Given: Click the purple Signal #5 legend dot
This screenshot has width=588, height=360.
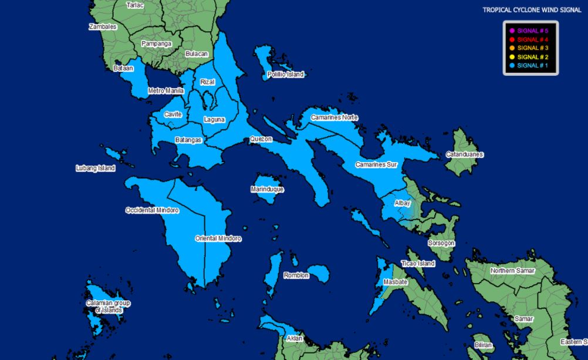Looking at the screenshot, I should (512, 31).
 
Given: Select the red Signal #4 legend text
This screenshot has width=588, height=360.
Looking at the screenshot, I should (533, 39).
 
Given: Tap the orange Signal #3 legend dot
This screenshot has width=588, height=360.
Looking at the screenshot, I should (512, 48).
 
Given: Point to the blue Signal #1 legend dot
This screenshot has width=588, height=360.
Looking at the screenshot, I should (512, 66).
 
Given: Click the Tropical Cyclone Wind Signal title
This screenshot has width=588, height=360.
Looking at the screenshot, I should (532, 10).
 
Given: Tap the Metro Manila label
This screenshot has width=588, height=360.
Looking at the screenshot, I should (166, 91).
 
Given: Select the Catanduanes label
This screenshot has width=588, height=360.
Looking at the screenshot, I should (465, 154).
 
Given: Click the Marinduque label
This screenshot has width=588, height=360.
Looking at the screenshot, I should (267, 190).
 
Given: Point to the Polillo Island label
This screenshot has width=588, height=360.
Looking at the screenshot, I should (286, 75).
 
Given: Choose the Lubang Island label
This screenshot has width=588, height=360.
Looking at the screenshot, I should (96, 169).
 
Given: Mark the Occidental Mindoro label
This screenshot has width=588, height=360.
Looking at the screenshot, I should (152, 210).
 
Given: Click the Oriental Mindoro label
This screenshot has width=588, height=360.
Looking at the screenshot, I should (218, 238).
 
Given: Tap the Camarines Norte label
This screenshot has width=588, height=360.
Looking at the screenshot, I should (334, 117).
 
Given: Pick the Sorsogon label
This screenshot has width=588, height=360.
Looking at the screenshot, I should (441, 243).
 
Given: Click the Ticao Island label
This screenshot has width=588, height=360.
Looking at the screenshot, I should (418, 264).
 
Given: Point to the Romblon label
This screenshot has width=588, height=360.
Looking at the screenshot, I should (296, 275).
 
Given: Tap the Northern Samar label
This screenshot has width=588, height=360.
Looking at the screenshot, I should (513, 271).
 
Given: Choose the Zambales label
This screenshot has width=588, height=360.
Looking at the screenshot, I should (103, 27).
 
